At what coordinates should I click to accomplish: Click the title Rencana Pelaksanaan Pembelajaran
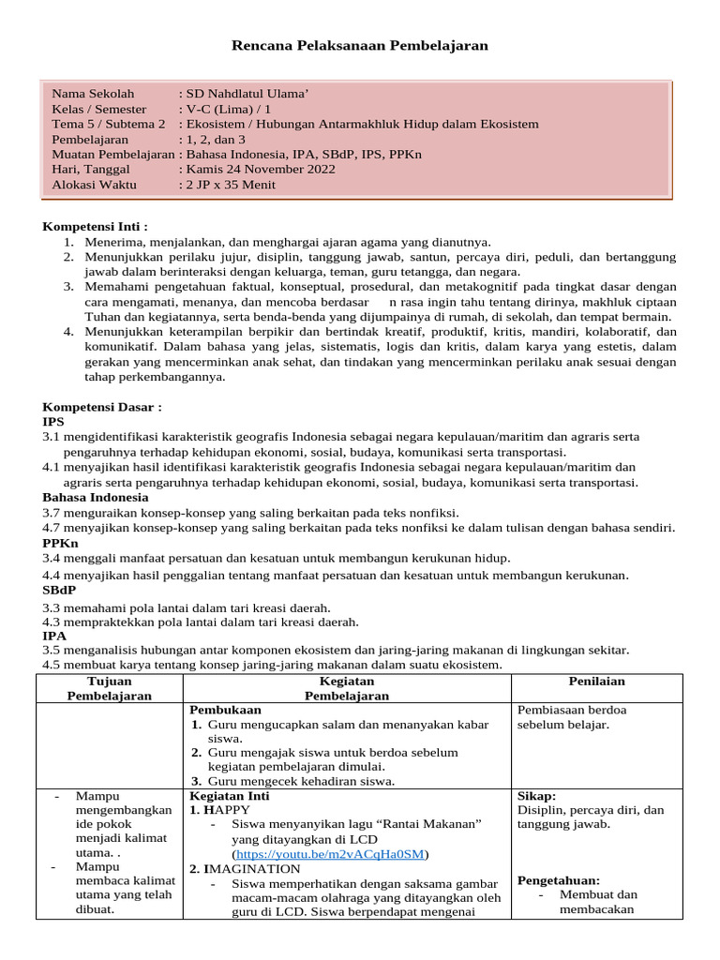[360, 46]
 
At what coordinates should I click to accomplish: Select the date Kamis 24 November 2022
[261, 170]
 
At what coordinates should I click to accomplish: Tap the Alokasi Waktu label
[94, 185]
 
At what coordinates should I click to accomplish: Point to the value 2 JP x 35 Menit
[231, 185]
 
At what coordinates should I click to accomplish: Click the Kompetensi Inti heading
[96, 227]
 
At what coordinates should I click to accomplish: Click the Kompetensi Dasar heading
[102, 408]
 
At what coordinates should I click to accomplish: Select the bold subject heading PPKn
[60, 543]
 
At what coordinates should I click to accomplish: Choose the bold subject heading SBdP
[61, 590]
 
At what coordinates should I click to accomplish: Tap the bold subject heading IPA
[54, 635]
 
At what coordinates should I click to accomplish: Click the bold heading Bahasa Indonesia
[95, 498]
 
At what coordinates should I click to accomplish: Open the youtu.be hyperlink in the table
[331, 854]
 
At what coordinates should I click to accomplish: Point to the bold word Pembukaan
[225, 710]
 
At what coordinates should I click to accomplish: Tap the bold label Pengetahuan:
[558, 880]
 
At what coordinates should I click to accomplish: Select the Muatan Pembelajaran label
[112, 155]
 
